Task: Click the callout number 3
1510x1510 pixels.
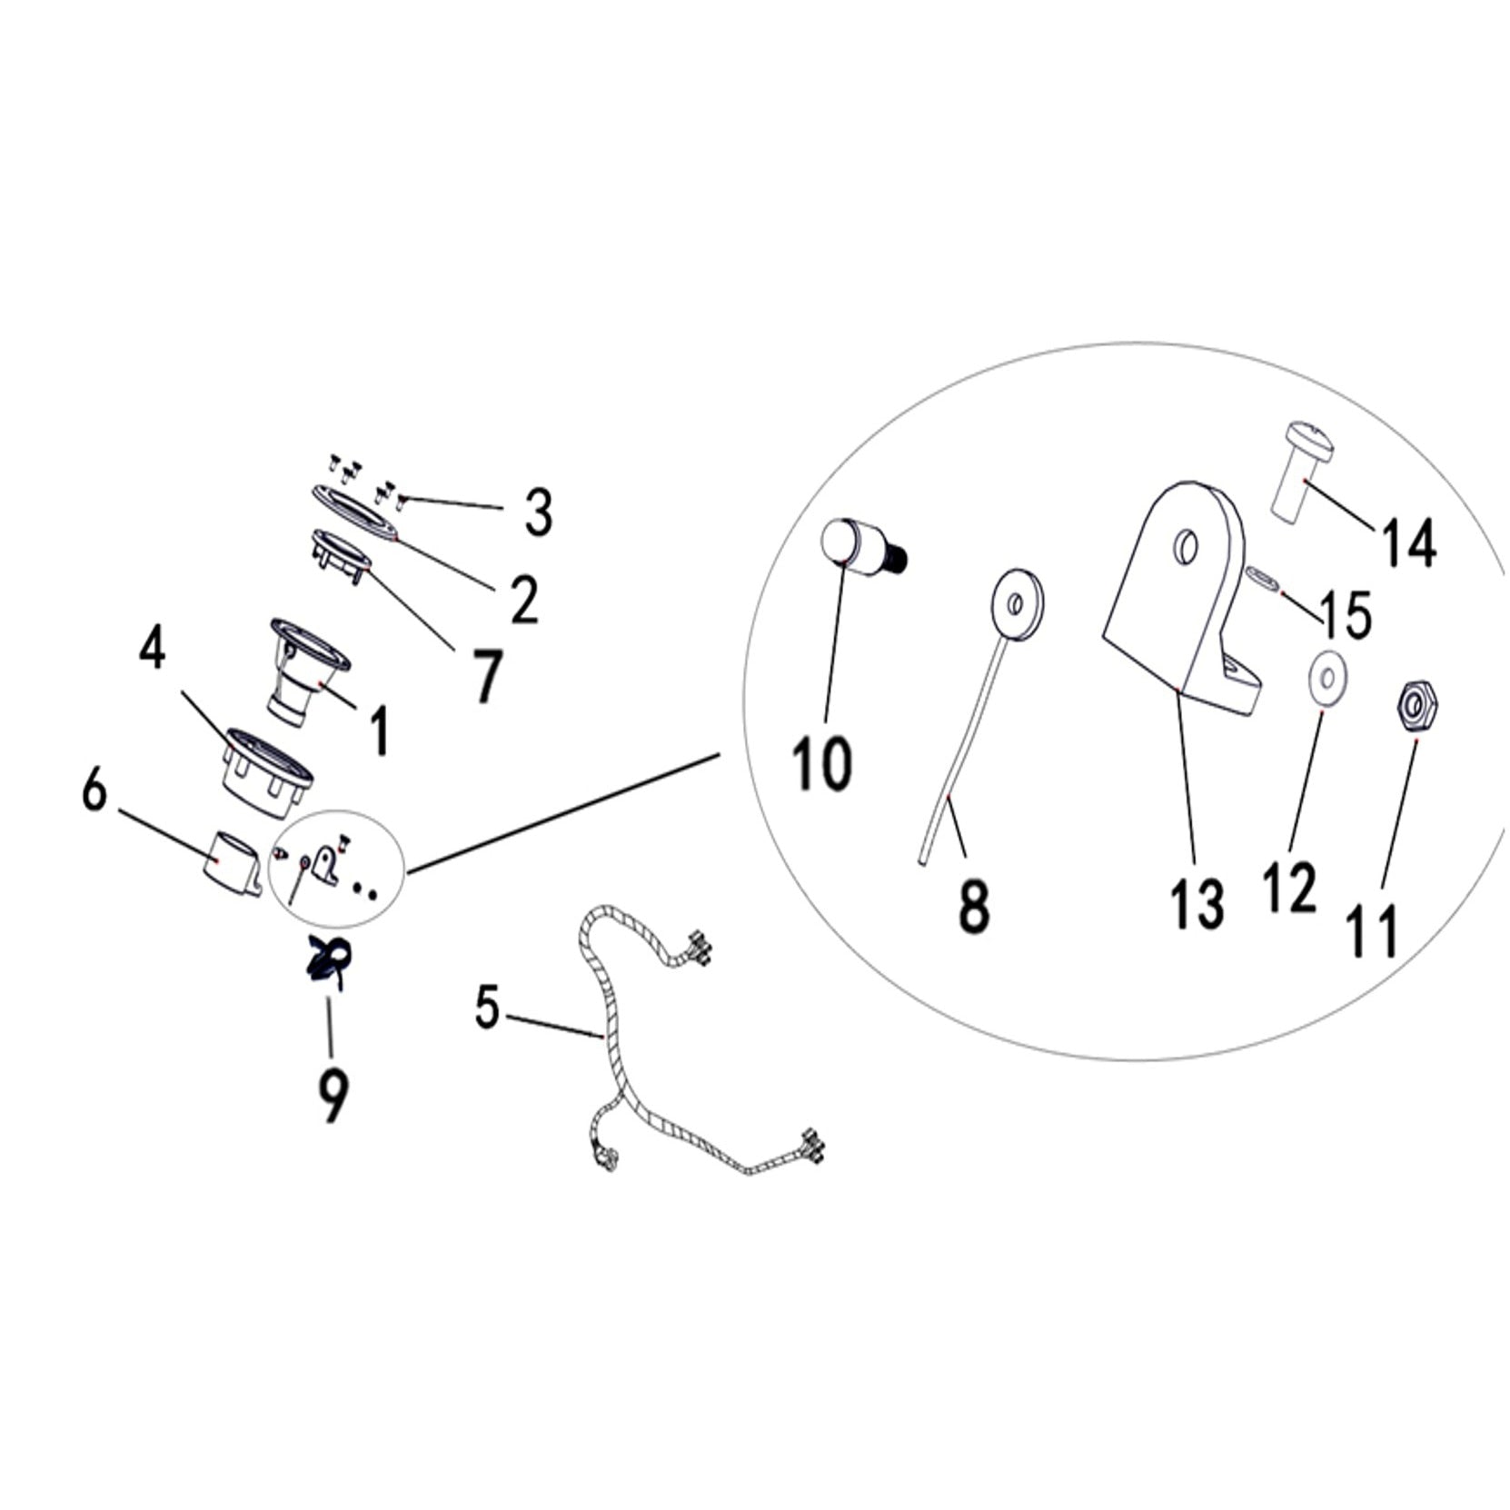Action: (x=538, y=512)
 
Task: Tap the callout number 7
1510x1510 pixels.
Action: (x=487, y=676)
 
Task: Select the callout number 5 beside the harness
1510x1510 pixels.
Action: (x=488, y=1008)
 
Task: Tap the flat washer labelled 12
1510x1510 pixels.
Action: (x=1327, y=677)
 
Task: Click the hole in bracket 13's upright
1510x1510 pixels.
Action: (x=1187, y=547)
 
